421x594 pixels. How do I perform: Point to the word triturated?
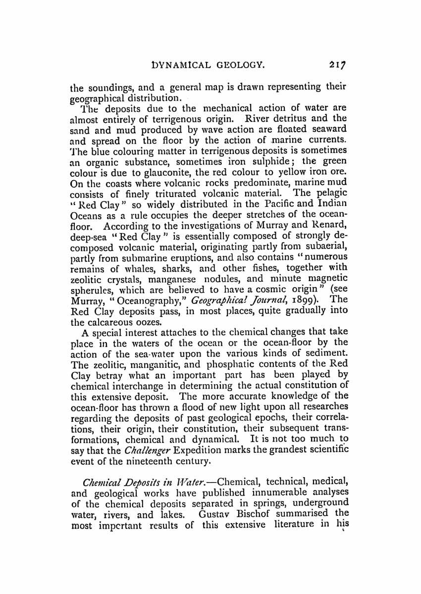(156, 192)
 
